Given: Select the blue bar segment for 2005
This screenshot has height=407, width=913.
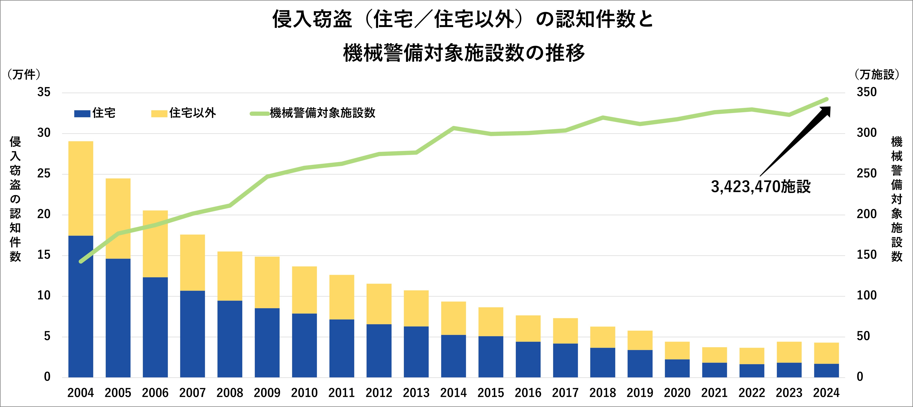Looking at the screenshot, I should [118, 318].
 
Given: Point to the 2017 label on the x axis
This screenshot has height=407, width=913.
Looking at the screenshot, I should [565, 393].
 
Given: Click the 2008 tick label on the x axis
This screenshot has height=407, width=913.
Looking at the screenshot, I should [230, 393].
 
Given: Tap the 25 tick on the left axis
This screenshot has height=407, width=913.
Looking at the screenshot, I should [44, 174].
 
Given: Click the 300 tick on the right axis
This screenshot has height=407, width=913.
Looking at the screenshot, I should [866, 133].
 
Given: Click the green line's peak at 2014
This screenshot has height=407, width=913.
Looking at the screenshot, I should [454, 128].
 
